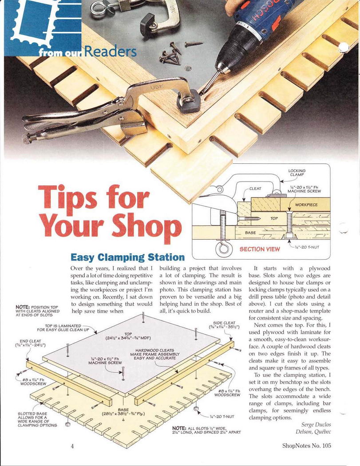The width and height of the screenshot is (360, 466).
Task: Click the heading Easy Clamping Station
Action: tap(127, 257)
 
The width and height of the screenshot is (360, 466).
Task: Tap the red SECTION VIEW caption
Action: tap(260, 249)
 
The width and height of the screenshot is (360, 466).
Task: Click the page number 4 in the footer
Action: tap(72, 446)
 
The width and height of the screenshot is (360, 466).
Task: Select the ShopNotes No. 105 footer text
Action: tap(306, 446)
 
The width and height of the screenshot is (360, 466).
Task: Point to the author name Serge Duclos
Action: tap(316, 425)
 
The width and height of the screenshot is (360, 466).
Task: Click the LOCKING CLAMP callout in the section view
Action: tap(297, 173)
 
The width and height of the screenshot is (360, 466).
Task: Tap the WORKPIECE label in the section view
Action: tap(306, 205)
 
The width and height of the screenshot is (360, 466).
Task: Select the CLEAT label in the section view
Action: tap(255, 189)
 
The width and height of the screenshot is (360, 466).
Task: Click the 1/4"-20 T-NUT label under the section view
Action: tap(306, 247)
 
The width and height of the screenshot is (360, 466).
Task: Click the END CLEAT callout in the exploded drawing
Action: tap(30, 343)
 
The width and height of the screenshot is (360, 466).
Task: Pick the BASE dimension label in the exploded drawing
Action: tap(123, 411)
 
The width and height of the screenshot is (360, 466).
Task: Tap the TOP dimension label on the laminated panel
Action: tap(128, 336)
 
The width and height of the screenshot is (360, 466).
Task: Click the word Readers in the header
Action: tap(110, 51)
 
